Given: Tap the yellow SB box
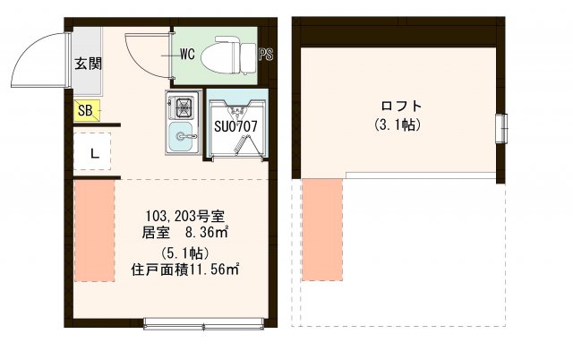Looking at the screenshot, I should coord(85,111).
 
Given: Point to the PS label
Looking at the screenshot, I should coord(266,56).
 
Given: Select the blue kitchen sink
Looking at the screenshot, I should coord(184,137).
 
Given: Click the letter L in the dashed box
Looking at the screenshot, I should coord(92,153).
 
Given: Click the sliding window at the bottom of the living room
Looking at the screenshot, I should coord(204,322).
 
